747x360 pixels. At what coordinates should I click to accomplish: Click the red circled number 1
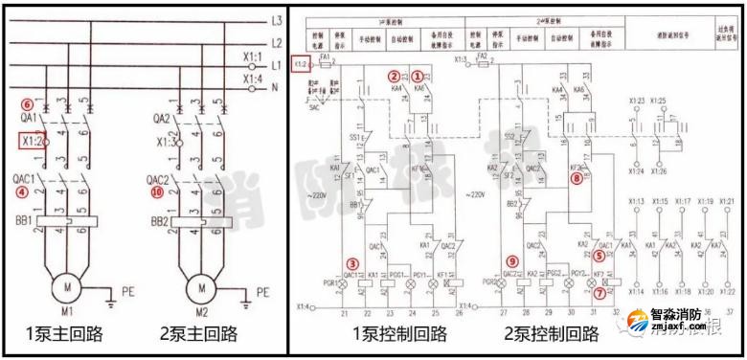(x=417, y=75)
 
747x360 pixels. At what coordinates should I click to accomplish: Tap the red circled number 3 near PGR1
(x=353, y=264)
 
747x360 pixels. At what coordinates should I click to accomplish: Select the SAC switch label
(x=314, y=108)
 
